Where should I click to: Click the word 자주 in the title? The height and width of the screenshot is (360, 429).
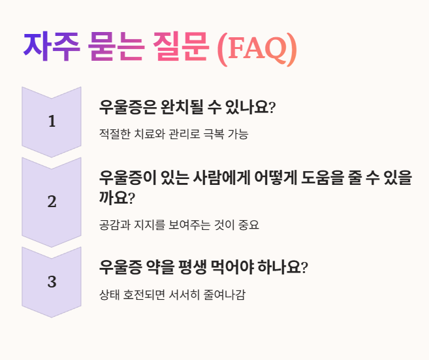tap(52, 47)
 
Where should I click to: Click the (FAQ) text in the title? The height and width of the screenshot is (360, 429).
tap(256, 48)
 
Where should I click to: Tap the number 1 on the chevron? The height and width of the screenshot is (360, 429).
tap(52, 122)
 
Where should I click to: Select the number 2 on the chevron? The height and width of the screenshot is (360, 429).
tap(52, 202)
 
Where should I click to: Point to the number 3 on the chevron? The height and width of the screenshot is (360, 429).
tap(52, 282)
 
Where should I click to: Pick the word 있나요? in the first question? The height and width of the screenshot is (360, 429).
tap(251, 107)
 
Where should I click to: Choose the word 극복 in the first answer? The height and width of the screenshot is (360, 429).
tap(206, 135)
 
